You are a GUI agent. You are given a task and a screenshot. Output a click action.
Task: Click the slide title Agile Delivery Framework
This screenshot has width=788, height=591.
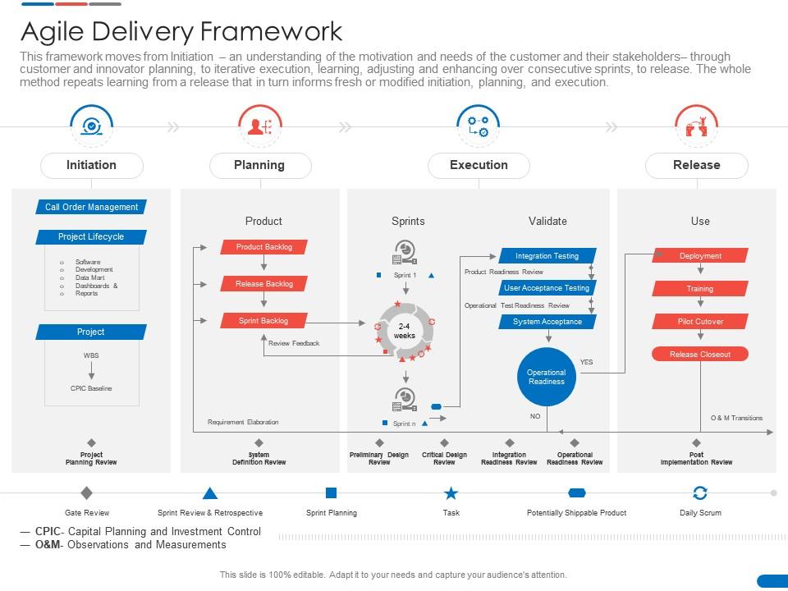tap(181, 31)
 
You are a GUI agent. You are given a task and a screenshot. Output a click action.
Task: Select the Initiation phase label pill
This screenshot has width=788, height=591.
tap(91, 165)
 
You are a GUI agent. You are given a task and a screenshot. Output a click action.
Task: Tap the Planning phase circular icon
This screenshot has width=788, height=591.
tap(260, 126)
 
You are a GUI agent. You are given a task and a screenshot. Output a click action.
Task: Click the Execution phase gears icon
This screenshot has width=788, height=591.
tap(478, 126)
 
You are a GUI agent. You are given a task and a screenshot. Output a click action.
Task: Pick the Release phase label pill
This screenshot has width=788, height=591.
tap(696, 165)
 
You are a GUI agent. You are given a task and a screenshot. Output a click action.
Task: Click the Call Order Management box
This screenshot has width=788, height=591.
tap(91, 207)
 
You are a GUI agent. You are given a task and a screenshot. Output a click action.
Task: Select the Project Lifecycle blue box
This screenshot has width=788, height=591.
tap(91, 236)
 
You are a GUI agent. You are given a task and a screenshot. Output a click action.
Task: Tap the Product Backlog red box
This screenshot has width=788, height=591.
tap(263, 247)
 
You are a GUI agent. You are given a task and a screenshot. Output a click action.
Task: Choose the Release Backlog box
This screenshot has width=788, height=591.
tap(263, 284)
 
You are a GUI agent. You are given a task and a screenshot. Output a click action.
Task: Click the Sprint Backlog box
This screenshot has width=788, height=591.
tap(263, 321)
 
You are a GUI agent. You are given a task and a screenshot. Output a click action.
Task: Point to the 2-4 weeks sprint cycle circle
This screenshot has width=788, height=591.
tap(404, 331)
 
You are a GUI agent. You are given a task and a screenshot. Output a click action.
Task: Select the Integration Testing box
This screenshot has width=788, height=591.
tap(547, 256)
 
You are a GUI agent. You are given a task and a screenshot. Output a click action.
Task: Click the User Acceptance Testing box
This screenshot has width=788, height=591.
tap(547, 288)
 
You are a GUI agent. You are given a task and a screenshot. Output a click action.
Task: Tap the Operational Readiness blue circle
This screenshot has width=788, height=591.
tap(547, 377)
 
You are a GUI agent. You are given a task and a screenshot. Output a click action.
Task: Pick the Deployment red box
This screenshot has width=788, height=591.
tap(700, 256)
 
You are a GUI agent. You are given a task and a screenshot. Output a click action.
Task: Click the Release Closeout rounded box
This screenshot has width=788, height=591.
tap(700, 355)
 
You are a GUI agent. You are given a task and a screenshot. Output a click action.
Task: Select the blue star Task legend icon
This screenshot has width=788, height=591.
tap(451, 493)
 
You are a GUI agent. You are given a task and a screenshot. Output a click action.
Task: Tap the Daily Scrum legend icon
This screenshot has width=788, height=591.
tap(700, 493)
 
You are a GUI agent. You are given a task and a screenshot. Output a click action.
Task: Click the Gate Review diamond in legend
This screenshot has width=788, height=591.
tap(87, 493)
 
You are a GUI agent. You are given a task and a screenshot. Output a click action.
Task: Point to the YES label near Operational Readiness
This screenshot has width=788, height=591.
tap(586, 362)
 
